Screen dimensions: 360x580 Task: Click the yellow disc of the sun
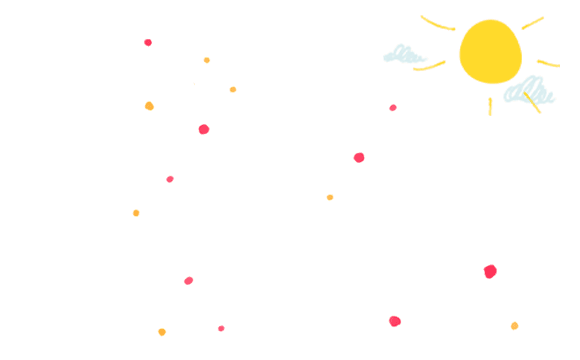coord(490,52)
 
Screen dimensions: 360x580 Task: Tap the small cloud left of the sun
coord(405,54)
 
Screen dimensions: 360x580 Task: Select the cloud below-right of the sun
coord(527,93)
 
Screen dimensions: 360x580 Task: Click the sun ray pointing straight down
coord(490,106)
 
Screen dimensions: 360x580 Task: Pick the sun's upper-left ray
coord(437,23)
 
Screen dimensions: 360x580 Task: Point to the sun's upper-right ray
coord(532,23)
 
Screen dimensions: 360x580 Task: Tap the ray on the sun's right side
coord(547,63)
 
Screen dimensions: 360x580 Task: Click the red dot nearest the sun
coord(393,108)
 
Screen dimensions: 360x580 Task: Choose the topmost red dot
coord(148,42)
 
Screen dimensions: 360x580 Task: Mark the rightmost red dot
coord(490,271)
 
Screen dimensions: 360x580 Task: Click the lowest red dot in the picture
coord(221,328)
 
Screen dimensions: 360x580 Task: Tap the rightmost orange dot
coord(514,326)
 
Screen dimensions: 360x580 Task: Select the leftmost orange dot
coord(136,213)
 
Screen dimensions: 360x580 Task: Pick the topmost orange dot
coord(207,60)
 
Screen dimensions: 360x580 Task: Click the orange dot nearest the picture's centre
coord(330,198)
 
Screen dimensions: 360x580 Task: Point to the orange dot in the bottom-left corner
coord(162,332)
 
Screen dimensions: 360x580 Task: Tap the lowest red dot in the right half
coord(395,321)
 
